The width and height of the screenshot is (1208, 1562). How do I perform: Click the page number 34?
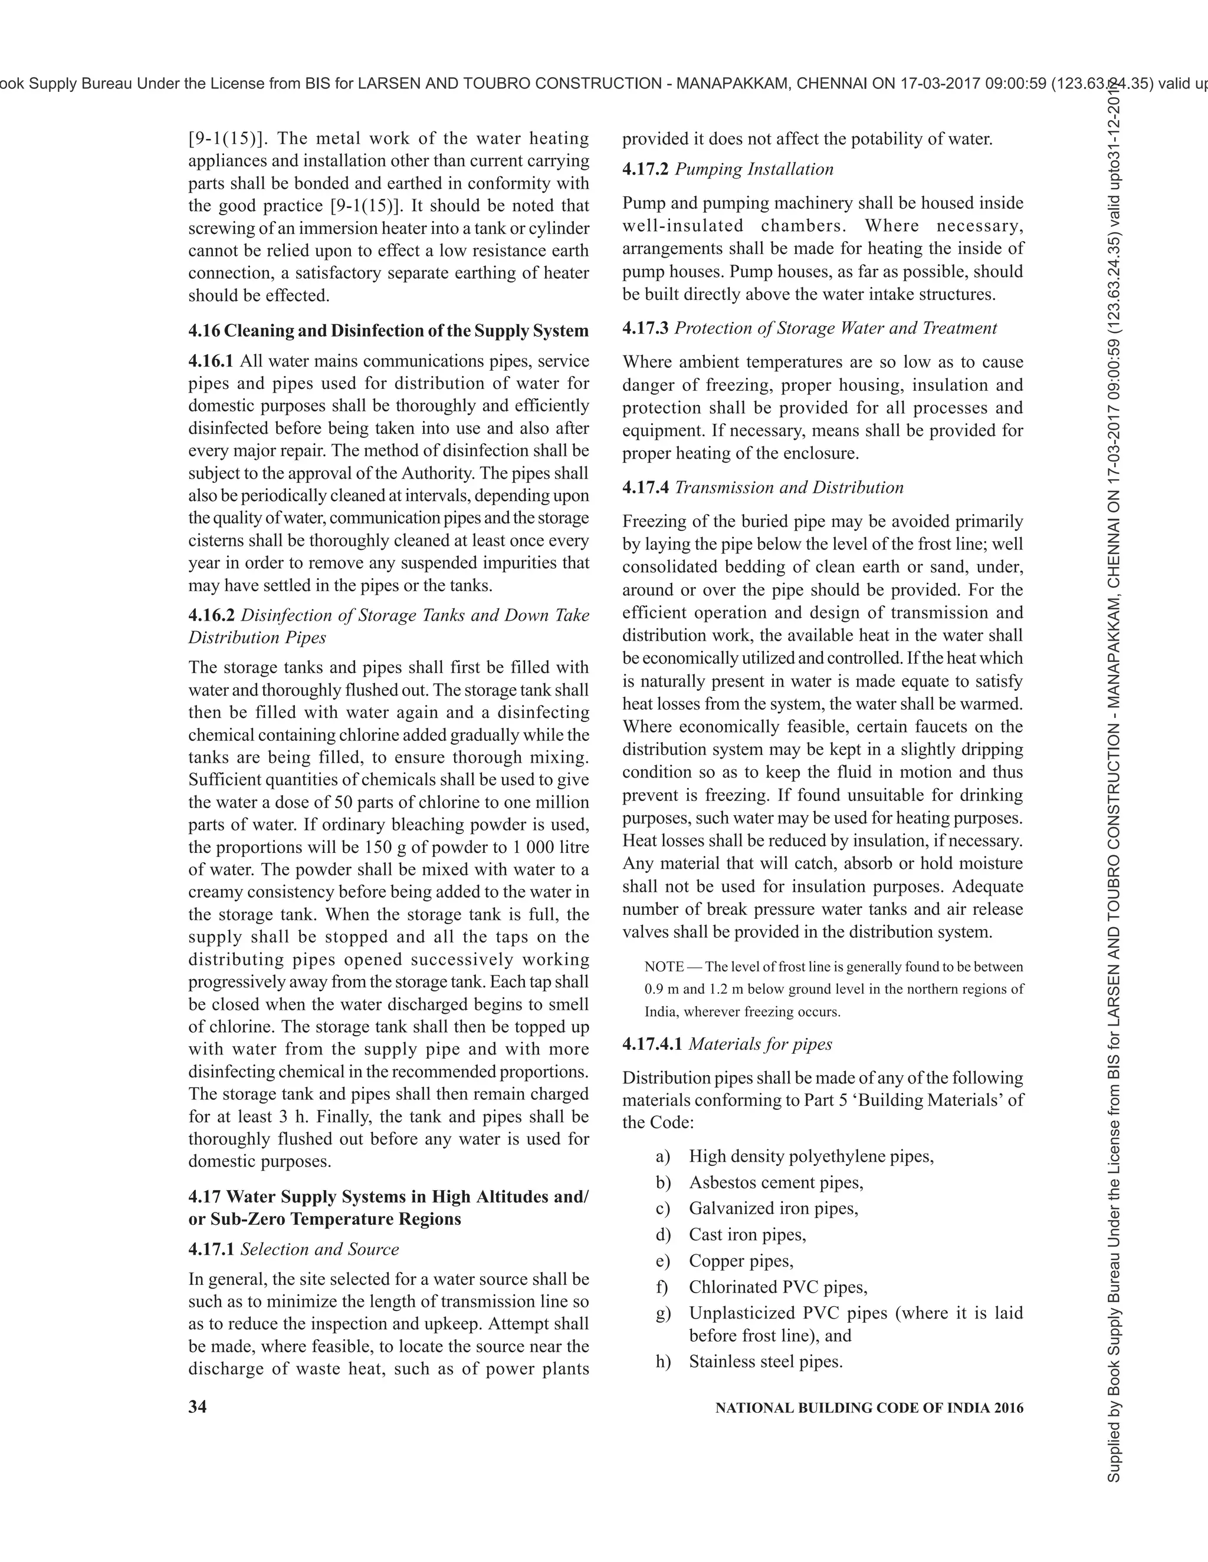click(198, 1407)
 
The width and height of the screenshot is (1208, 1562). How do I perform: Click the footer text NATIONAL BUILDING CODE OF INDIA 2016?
click(869, 1408)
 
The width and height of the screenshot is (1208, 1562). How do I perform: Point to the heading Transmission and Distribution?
click(789, 487)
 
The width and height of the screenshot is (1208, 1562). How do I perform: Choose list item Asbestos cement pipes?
click(776, 1182)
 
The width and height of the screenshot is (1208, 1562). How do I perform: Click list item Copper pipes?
click(741, 1260)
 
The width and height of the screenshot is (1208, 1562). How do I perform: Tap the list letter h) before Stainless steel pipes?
click(664, 1361)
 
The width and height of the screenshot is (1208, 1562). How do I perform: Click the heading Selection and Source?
click(319, 1249)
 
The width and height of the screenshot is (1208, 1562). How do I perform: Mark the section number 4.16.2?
click(211, 615)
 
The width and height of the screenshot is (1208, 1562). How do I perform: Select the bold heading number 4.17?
click(204, 1197)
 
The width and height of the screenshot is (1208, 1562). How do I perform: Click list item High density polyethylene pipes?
click(811, 1156)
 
